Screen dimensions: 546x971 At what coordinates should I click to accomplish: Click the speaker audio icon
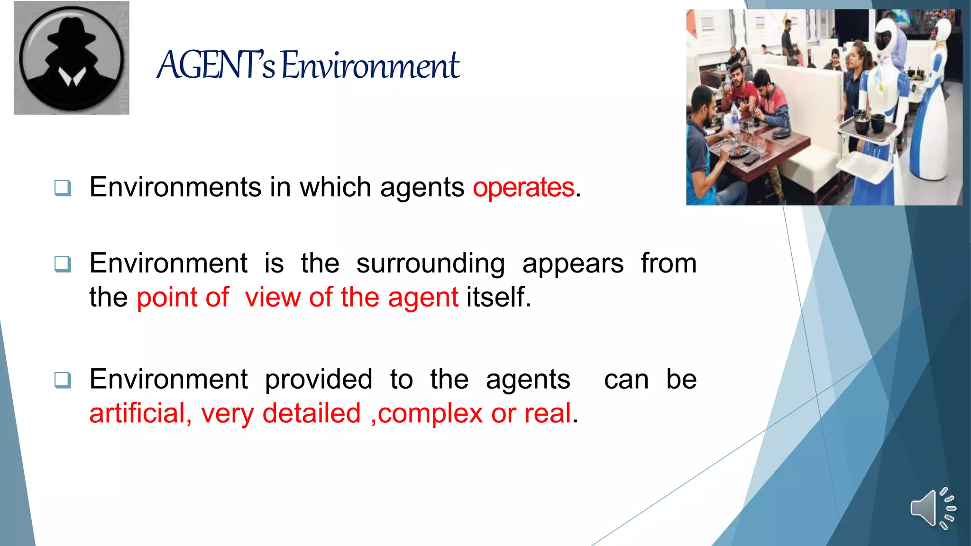pos(932,508)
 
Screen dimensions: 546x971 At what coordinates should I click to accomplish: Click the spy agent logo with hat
pos(72,57)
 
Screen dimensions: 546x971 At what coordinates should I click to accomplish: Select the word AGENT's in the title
pos(216,65)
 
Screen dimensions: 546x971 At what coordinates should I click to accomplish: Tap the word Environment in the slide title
pos(370,65)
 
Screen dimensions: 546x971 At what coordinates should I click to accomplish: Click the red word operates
pos(523,187)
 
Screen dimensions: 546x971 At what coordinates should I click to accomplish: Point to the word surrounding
pos(430,264)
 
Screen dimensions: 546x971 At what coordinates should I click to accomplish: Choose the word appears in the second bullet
pos(573,264)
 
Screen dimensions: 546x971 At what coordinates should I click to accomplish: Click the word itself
pos(498,298)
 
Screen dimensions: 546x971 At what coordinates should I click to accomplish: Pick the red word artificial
pos(140,413)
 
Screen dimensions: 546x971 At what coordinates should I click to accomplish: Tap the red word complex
pos(430,413)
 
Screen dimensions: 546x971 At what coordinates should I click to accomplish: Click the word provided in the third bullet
pos(319,380)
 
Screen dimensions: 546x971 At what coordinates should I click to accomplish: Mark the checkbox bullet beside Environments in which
pos(63,188)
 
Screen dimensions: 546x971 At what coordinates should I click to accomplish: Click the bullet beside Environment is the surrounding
pos(63,264)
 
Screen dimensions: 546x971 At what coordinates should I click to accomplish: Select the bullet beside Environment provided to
pos(63,380)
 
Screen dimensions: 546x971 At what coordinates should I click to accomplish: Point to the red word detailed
pos(311,413)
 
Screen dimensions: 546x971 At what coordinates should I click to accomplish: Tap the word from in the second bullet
pos(669,264)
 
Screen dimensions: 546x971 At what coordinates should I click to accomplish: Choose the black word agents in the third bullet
pos(528,380)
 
